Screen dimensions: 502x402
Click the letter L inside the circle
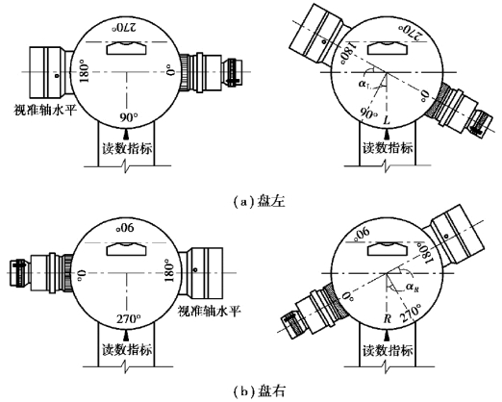click(387, 120)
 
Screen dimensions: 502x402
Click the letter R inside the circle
click(388, 318)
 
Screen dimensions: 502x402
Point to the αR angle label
click(413, 287)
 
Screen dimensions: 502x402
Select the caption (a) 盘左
click(259, 202)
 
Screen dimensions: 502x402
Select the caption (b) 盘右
click(259, 391)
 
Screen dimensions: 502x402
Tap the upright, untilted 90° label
click(128, 117)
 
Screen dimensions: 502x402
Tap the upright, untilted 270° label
click(128, 319)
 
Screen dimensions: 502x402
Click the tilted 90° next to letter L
click(368, 113)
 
